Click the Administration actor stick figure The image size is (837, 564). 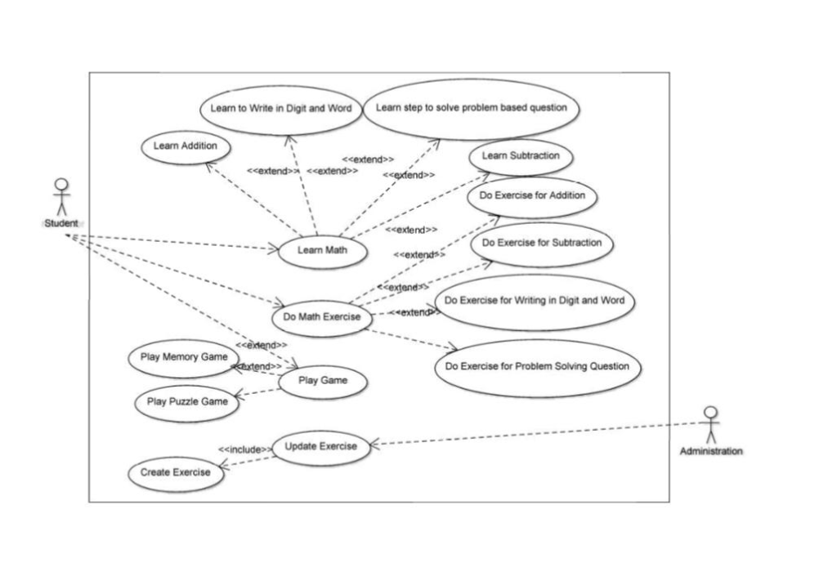point(711,425)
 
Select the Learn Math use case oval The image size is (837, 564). point(321,251)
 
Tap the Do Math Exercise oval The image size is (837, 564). point(321,316)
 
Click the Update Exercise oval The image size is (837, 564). point(320,446)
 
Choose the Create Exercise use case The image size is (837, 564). point(175,472)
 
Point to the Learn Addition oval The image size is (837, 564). point(185,146)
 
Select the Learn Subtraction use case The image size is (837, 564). point(521,156)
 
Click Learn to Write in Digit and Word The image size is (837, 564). point(280,109)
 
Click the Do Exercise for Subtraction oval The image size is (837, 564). point(541,243)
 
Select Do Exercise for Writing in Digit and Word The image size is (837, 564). point(535,301)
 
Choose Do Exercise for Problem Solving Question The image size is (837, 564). point(537,367)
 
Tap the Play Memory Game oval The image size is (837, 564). point(183,357)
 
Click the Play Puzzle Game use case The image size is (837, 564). point(186,401)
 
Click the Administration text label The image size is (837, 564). point(711,451)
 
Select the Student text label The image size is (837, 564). point(61,223)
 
